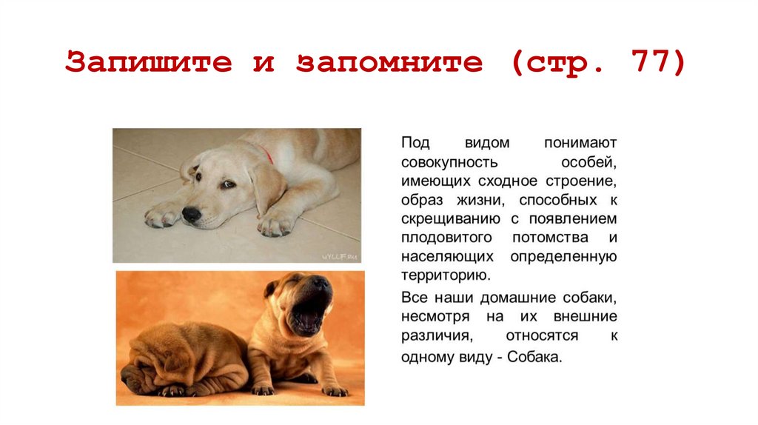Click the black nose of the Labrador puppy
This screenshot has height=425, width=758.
pyautogui.click(x=192, y=215)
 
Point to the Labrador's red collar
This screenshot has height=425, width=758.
pyautogui.click(x=266, y=154)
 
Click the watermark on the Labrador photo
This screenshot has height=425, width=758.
pyautogui.click(x=340, y=256)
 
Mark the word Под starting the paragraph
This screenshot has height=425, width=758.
pyautogui.click(x=415, y=141)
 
